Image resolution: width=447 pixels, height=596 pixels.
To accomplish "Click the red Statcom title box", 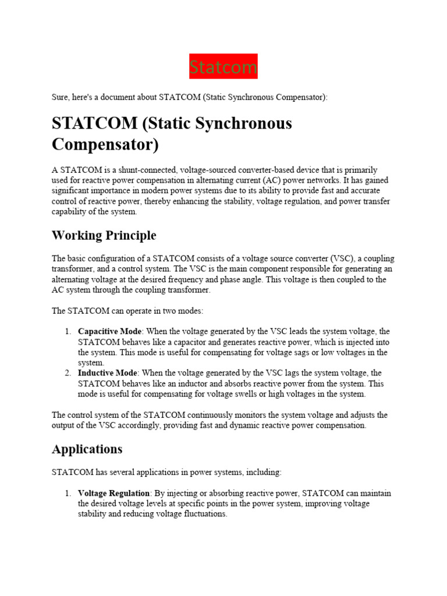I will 223,67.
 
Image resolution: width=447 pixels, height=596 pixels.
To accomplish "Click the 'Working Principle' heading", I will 104,236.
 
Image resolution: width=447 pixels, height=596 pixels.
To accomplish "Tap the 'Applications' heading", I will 87,449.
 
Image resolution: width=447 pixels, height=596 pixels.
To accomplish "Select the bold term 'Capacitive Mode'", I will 109,332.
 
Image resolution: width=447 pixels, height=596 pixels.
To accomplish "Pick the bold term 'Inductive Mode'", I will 108,372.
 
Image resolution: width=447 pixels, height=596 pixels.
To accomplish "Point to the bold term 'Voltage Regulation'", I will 114,493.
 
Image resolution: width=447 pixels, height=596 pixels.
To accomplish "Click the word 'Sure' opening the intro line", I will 61,98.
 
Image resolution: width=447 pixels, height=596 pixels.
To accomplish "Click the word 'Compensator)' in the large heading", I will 105,144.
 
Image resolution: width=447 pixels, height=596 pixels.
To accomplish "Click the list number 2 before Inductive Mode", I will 68,372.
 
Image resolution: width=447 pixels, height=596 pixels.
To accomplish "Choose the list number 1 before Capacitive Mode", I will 68,332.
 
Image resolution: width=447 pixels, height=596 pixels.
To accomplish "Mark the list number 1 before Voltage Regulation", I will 68,493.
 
